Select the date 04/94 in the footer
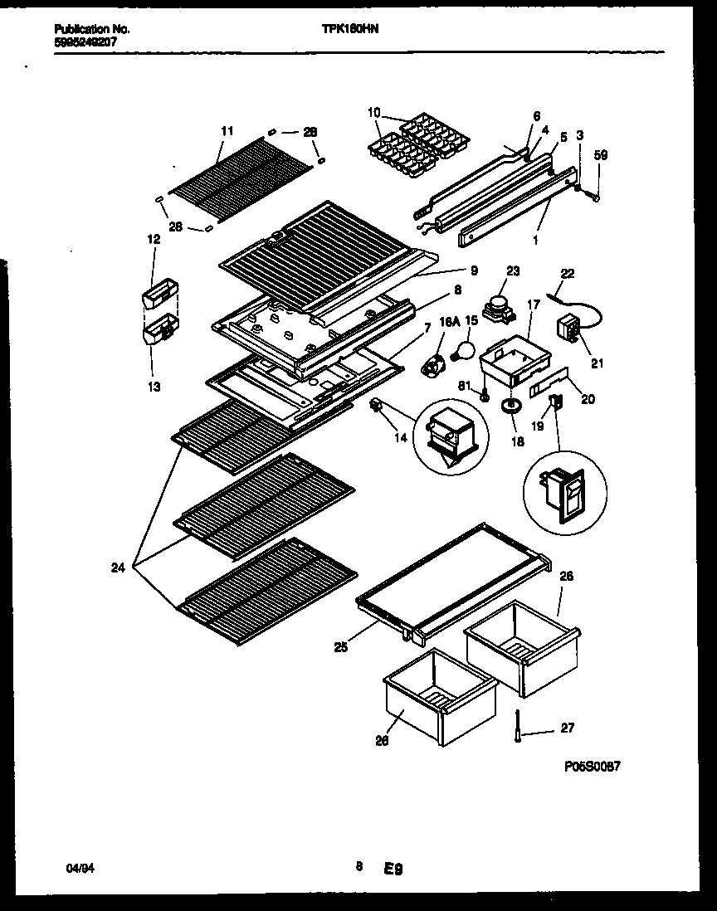coord(76,867)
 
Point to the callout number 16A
coord(449,321)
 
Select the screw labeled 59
coord(593,195)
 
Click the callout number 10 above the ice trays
coord(373,112)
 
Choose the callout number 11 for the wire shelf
coord(227,131)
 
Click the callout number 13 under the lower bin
coord(154,386)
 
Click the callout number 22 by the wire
coord(567,273)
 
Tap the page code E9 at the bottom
coord(393,869)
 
